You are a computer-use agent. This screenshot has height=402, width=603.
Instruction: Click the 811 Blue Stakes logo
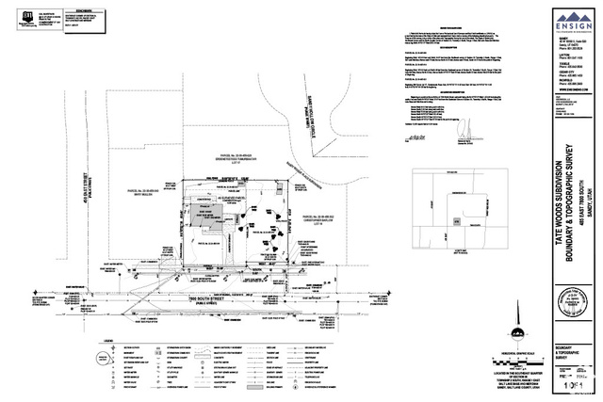[22, 14]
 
